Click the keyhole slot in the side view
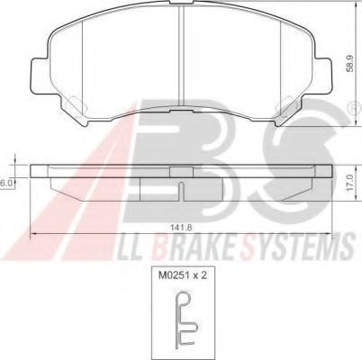tap(181, 192)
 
